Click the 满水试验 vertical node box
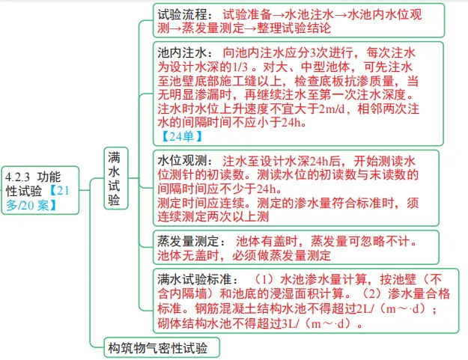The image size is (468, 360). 116,178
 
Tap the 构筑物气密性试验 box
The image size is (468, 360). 162,347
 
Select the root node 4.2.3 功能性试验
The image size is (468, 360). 40,190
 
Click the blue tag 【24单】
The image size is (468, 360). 182,136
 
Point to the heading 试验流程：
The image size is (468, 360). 186,14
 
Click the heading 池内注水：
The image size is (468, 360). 186,53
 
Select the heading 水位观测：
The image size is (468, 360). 186,161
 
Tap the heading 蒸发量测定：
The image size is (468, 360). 192,241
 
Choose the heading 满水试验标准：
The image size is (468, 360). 198,279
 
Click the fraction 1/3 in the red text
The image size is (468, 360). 240,67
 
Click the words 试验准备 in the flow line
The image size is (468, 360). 247,14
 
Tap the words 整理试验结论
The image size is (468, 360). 294,28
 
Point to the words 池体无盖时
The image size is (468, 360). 189,256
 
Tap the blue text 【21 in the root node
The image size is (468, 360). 59,190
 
